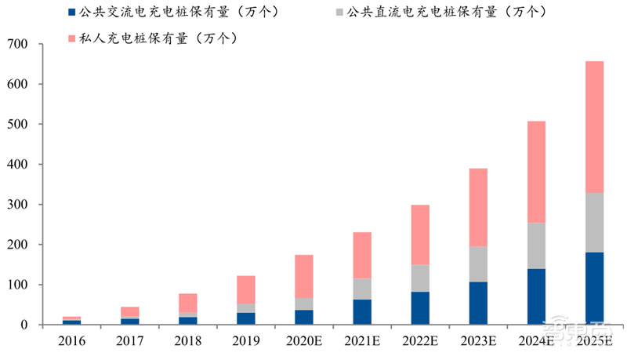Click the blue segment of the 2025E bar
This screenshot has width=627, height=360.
pyautogui.click(x=594, y=288)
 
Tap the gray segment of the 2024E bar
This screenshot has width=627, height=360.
pyautogui.click(x=537, y=245)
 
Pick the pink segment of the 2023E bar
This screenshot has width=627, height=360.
pyautogui.click(x=478, y=207)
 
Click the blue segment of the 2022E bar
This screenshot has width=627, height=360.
pyautogui.click(x=421, y=307)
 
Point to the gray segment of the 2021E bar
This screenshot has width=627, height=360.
pyautogui.click(x=363, y=289)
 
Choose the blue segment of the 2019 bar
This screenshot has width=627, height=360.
pyautogui.click(x=246, y=318)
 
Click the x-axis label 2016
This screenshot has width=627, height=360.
pyautogui.click(x=71, y=342)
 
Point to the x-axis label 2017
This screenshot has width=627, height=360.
pyautogui.click(x=129, y=342)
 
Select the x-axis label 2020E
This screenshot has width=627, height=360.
pyautogui.click(x=304, y=342)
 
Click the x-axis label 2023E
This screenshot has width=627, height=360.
pyautogui.click(x=478, y=342)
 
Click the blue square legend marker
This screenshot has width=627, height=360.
pyautogui.click(x=73, y=13)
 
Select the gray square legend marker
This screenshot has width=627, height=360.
pyautogui.click(x=338, y=13)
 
